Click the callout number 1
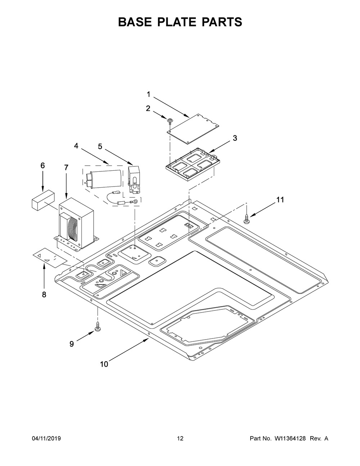click(148, 94)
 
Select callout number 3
click(235, 138)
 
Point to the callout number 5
click(100, 146)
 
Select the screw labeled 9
click(97, 327)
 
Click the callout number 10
click(104, 364)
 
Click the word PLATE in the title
click(180, 22)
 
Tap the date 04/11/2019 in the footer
click(46, 439)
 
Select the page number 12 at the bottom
click(180, 439)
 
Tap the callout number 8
click(44, 295)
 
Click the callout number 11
click(280, 200)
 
